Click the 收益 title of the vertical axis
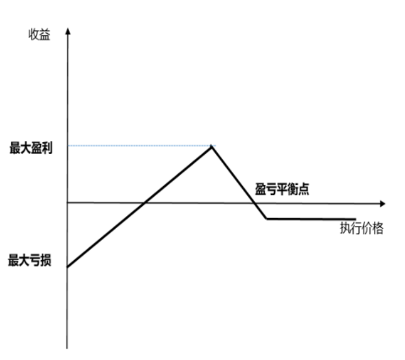pyautogui.click(x=39, y=35)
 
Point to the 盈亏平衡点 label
pyautogui.click(x=283, y=190)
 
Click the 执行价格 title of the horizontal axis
pyautogui.click(x=361, y=228)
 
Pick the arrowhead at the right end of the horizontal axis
pyautogui.click(x=383, y=202)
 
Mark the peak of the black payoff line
pyautogui.click(x=211, y=146)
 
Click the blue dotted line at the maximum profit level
pyautogui.click(x=140, y=146)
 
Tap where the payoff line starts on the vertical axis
pyautogui.click(x=68, y=267)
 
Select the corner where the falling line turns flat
pyautogui.click(x=266, y=219)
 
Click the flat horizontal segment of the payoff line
pyautogui.click(x=311, y=219)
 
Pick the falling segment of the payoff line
pyautogui.click(x=238, y=182)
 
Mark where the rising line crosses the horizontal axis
pyautogui.click(x=146, y=202)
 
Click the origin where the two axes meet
pyautogui.click(x=68, y=202)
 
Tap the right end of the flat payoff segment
pyautogui.click(x=355, y=219)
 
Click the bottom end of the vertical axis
pyautogui.click(x=68, y=348)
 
